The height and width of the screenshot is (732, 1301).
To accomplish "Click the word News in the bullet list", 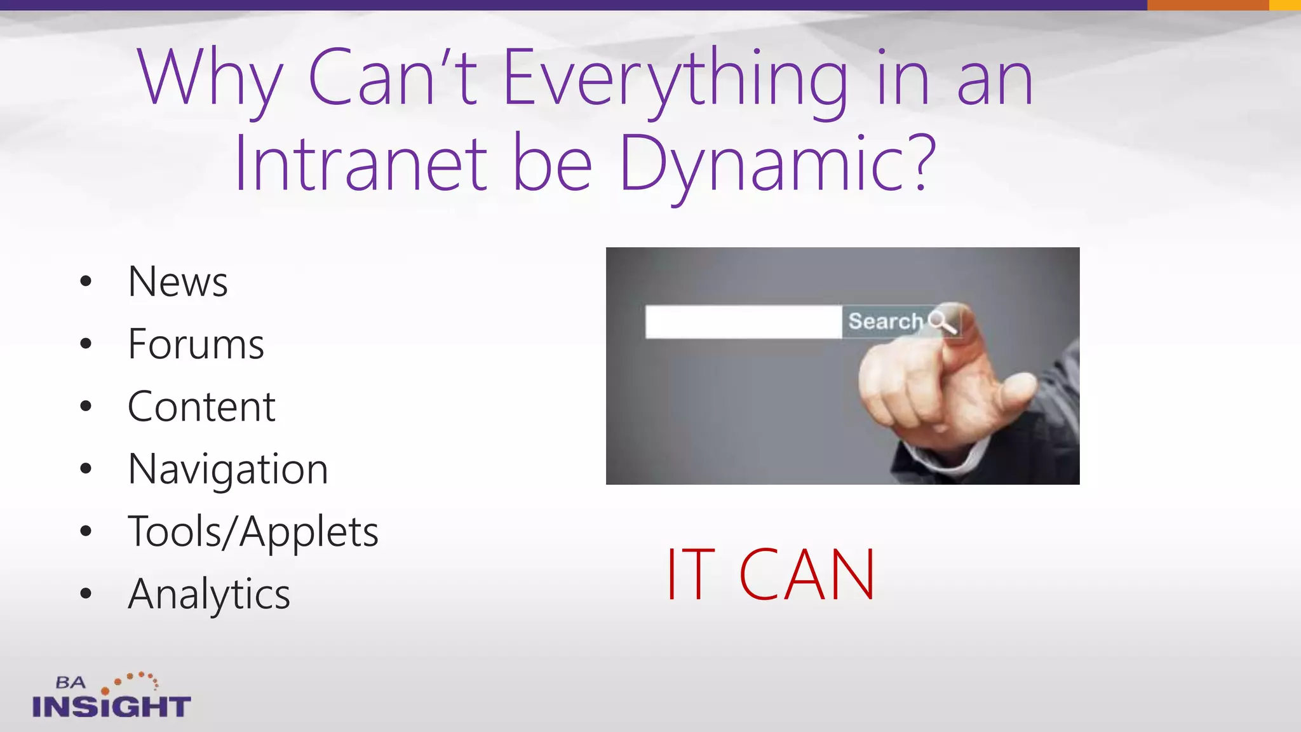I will coord(177,281).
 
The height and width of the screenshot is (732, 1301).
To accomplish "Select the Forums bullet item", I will coord(196,344).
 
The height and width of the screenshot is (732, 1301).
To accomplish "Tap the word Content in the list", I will coord(201,406).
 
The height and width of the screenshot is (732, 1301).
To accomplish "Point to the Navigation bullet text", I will coord(227,469).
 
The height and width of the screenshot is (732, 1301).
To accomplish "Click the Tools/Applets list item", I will coord(253,531).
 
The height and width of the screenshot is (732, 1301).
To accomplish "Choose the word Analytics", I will coord(209,593).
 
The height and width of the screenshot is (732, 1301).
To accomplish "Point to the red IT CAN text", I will coord(771,575).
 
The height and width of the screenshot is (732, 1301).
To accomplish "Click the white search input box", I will coord(743,322).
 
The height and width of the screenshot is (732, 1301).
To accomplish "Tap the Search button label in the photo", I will coord(885,322).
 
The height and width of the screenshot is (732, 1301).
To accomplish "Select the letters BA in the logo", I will coord(71,683).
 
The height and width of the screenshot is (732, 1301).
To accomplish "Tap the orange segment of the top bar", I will coord(1207,5).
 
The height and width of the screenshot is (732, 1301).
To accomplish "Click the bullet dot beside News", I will coord(86,281).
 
